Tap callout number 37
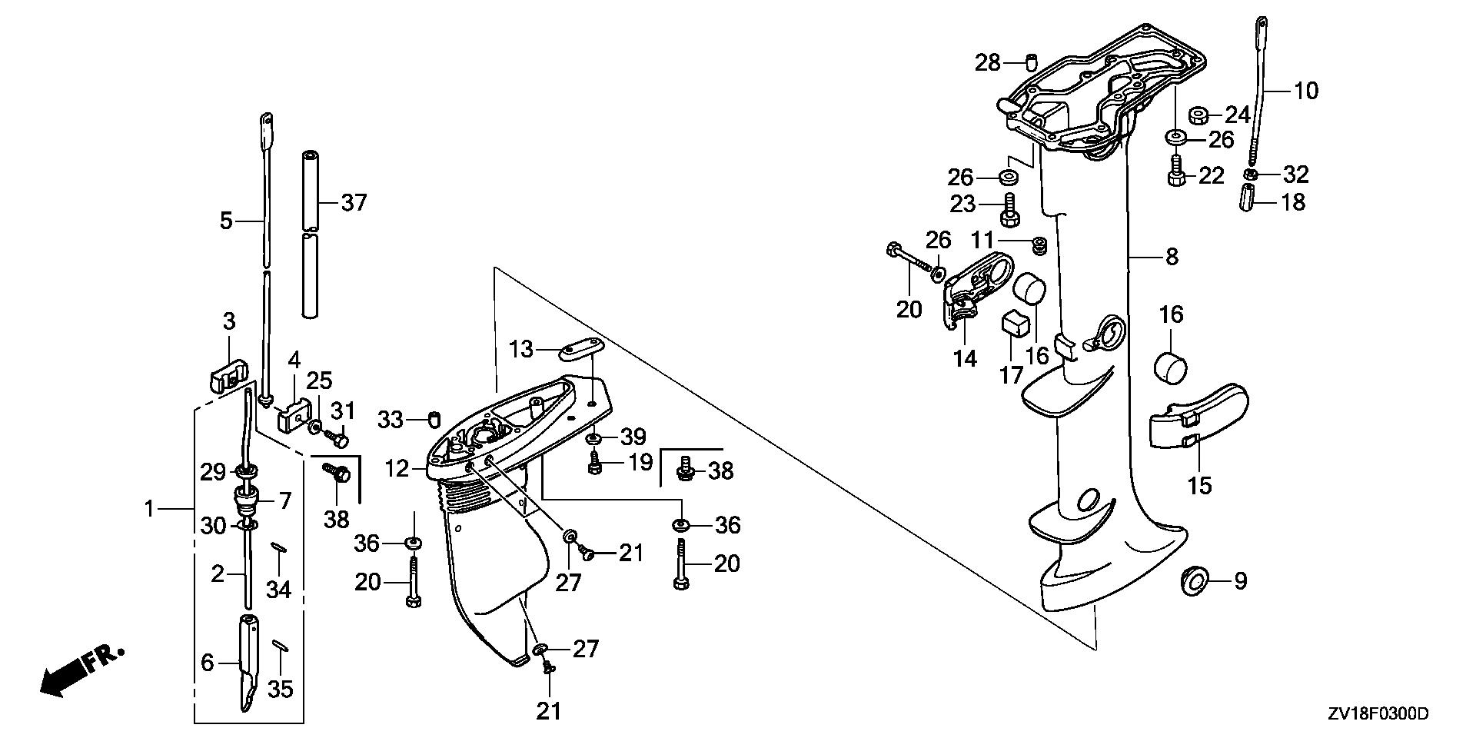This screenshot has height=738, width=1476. tap(354, 203)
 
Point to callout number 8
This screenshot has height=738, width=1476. tap(1172, 256)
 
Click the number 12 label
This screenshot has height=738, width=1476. tap(397, 467)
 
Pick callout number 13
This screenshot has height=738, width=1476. tap(521, 350)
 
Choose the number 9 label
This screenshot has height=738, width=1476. tap(1240, 581)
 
